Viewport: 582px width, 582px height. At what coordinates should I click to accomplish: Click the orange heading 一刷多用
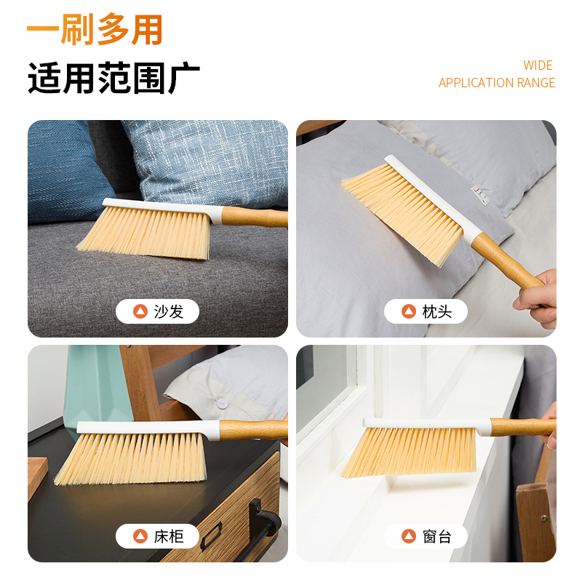(x=95, y=29)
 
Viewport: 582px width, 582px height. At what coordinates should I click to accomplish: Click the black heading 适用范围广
(x=114, y=78)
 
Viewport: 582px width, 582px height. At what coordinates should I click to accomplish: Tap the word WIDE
(x=538, y=65)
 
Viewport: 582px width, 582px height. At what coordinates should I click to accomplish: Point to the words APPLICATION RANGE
(x=497, y=83)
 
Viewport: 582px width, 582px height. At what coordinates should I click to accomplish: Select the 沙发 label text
(x=169, y=311)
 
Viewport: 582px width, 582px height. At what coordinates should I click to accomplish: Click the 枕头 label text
(x=437, y=311)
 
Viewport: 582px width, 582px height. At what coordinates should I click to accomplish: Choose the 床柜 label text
(x=169, y=536)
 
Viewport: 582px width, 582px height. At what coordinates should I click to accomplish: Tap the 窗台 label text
(x=437, y=536)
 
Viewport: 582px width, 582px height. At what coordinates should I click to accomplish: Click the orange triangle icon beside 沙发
(x=140, y=311)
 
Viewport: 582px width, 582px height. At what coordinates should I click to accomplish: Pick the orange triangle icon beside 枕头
(x=409, y=311)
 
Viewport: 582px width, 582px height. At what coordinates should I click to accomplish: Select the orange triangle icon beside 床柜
(x=140, y=536)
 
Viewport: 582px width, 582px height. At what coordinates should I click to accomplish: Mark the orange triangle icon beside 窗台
(x=409, y=536)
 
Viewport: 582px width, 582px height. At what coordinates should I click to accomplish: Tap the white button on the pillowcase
(x=222, y=404)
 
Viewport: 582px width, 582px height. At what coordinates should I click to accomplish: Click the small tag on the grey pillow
(x=480, y=196)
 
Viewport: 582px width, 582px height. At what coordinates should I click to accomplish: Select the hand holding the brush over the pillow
(x=536, y=299)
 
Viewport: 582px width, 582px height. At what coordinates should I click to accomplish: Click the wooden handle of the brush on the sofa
(x=254, y=218)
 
